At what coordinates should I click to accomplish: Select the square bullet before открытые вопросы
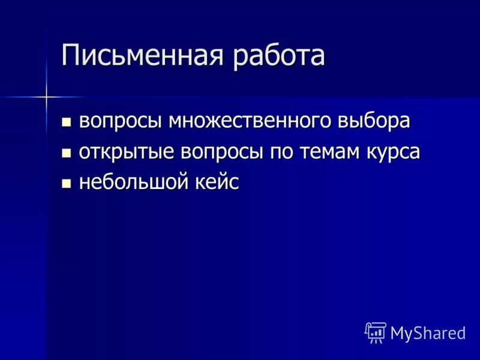pos(67,154)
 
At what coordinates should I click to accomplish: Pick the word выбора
pos(374,121)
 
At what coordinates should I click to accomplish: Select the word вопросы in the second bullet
pos(211,152)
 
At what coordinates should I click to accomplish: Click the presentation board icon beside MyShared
pos(375,332)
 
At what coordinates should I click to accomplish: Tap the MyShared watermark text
pos(428,333)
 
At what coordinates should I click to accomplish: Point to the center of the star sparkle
pos(47,96)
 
